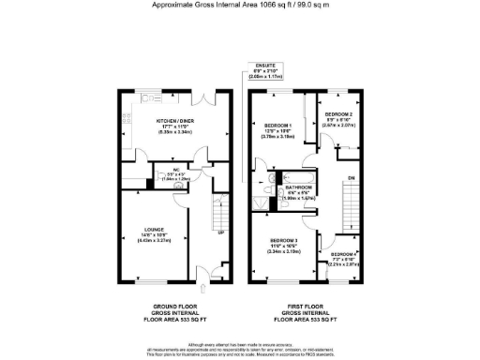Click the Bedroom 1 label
coord(277,126)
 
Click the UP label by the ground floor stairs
coord(221,232)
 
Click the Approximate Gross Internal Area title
coord(239,5)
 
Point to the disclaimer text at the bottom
coord(239,350)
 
